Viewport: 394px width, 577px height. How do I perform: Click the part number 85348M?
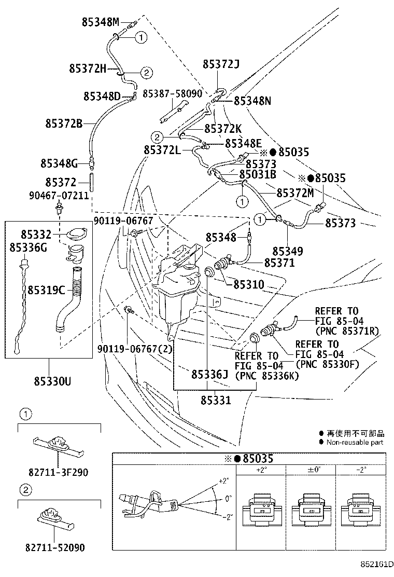pyautogui.click(x=100, y=22)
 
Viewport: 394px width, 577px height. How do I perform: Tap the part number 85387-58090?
pyautogui.click(x=172, y=94)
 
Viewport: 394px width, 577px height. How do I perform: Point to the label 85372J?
pyautogui.click(x=221, y=64)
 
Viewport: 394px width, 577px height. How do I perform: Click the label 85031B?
pyautogui.click(x=257, y=174)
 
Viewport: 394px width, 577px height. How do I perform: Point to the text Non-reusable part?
pyautogui.click(x=355, y=442)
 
